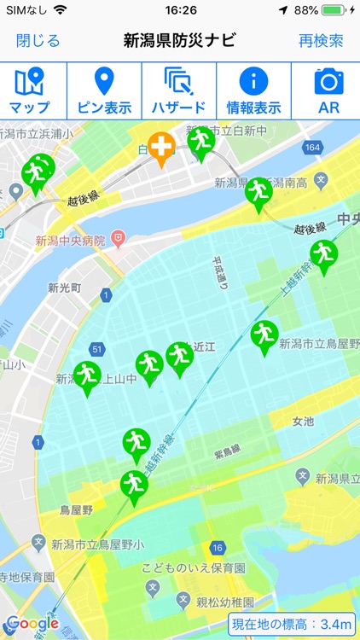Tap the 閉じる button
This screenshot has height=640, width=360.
click(x=38, y=41)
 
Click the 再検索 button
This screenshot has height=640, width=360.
click(x=321, y=41)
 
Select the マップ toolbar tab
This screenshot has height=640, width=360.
click(x=29, y=91)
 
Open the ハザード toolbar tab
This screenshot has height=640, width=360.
click(x=179, y=91)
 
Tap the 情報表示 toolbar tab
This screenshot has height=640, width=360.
click(x=253, y=91)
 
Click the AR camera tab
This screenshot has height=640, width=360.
click(x=328, y=91)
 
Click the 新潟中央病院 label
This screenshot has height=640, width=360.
click(x=70, y=241)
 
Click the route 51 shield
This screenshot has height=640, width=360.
click(x=97, y=350)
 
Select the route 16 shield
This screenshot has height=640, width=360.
click(x=218, y=547)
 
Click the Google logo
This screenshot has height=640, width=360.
click(x=32, y=624)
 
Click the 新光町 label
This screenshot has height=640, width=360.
click(x=65, y=288)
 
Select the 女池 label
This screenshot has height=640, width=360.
click(x=303, y=422)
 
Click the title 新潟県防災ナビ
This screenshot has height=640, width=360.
click(x=179, y=41)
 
